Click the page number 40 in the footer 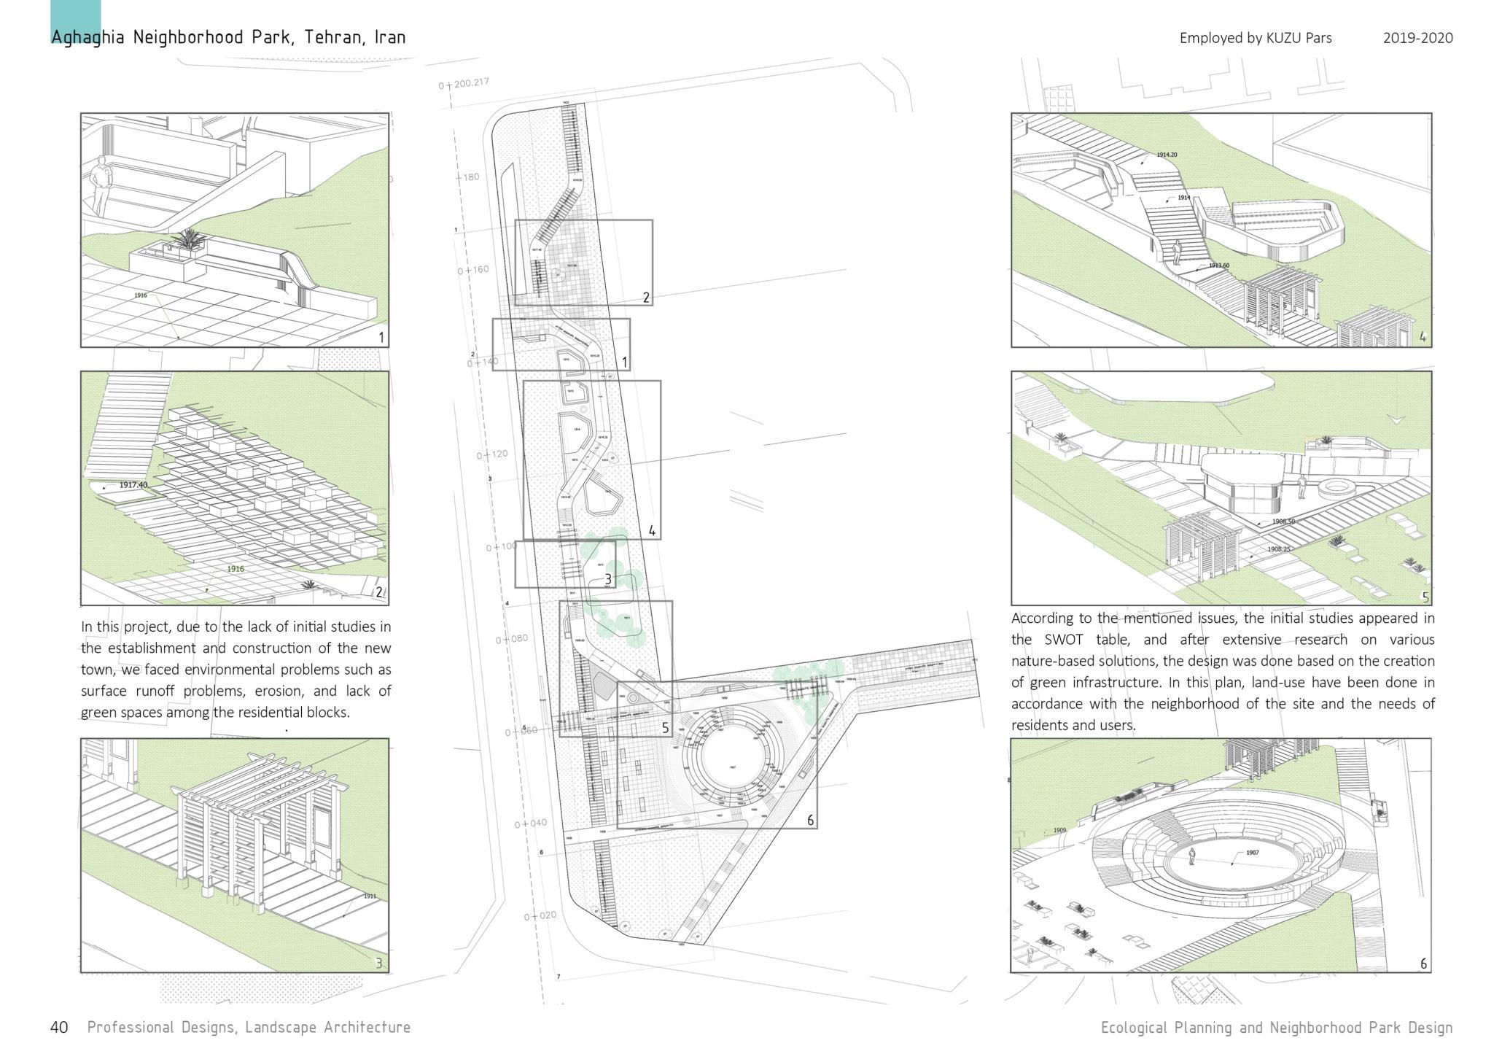(59, 1027)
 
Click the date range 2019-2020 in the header (1417, 38)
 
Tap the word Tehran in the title (332, 37)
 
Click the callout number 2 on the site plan (645, 297)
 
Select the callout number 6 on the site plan (810, 821)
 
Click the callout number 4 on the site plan (651, 531)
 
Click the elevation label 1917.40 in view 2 (133, 485)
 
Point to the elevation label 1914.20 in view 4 (1167, 155)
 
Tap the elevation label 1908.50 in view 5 (1284, 522)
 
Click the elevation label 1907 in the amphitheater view (1252, 853)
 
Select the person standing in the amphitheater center (1192, 856)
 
